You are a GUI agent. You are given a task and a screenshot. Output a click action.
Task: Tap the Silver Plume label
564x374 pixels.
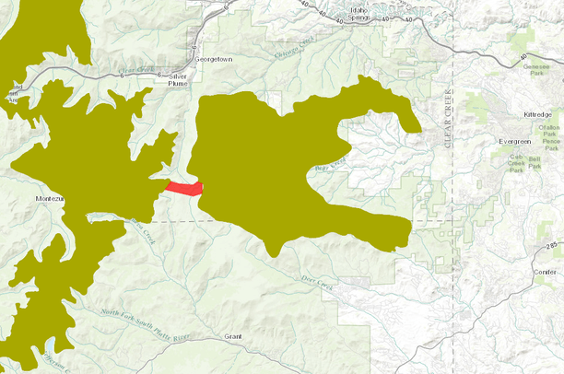(x=172, y=79)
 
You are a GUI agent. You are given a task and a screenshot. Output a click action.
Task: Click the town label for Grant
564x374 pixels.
(x=232, y=337)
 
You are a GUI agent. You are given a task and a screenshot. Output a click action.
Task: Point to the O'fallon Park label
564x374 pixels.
(x=550, y=130)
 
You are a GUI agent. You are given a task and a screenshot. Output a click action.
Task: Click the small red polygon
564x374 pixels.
(x=183, y=188)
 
